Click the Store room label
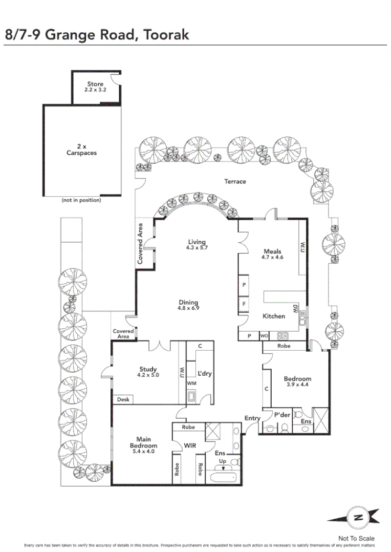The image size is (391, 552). coord(95,84)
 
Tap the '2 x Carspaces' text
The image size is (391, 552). coord(81,149)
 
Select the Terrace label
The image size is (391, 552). coord(235,181)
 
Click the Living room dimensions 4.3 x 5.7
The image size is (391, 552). coord(197,248)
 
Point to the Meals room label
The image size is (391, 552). coord(272,252)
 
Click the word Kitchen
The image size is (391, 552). coord(274,316)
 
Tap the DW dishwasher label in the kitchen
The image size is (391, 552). coord(295,309)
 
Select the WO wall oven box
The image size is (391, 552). coord(264,336)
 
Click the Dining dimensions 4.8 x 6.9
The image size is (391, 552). coord(189,308)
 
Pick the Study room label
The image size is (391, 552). coord(148,369)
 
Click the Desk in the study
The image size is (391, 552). coord(123,399)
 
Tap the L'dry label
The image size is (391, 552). coord(204,373)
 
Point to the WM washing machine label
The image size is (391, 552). coord(192,383)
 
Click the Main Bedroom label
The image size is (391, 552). coord(143,442)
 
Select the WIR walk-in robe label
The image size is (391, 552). coord(190,446)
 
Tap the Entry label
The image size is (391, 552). coord(252,418)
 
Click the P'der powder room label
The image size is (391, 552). coord(282,415)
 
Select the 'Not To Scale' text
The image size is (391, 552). coord(356,538)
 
